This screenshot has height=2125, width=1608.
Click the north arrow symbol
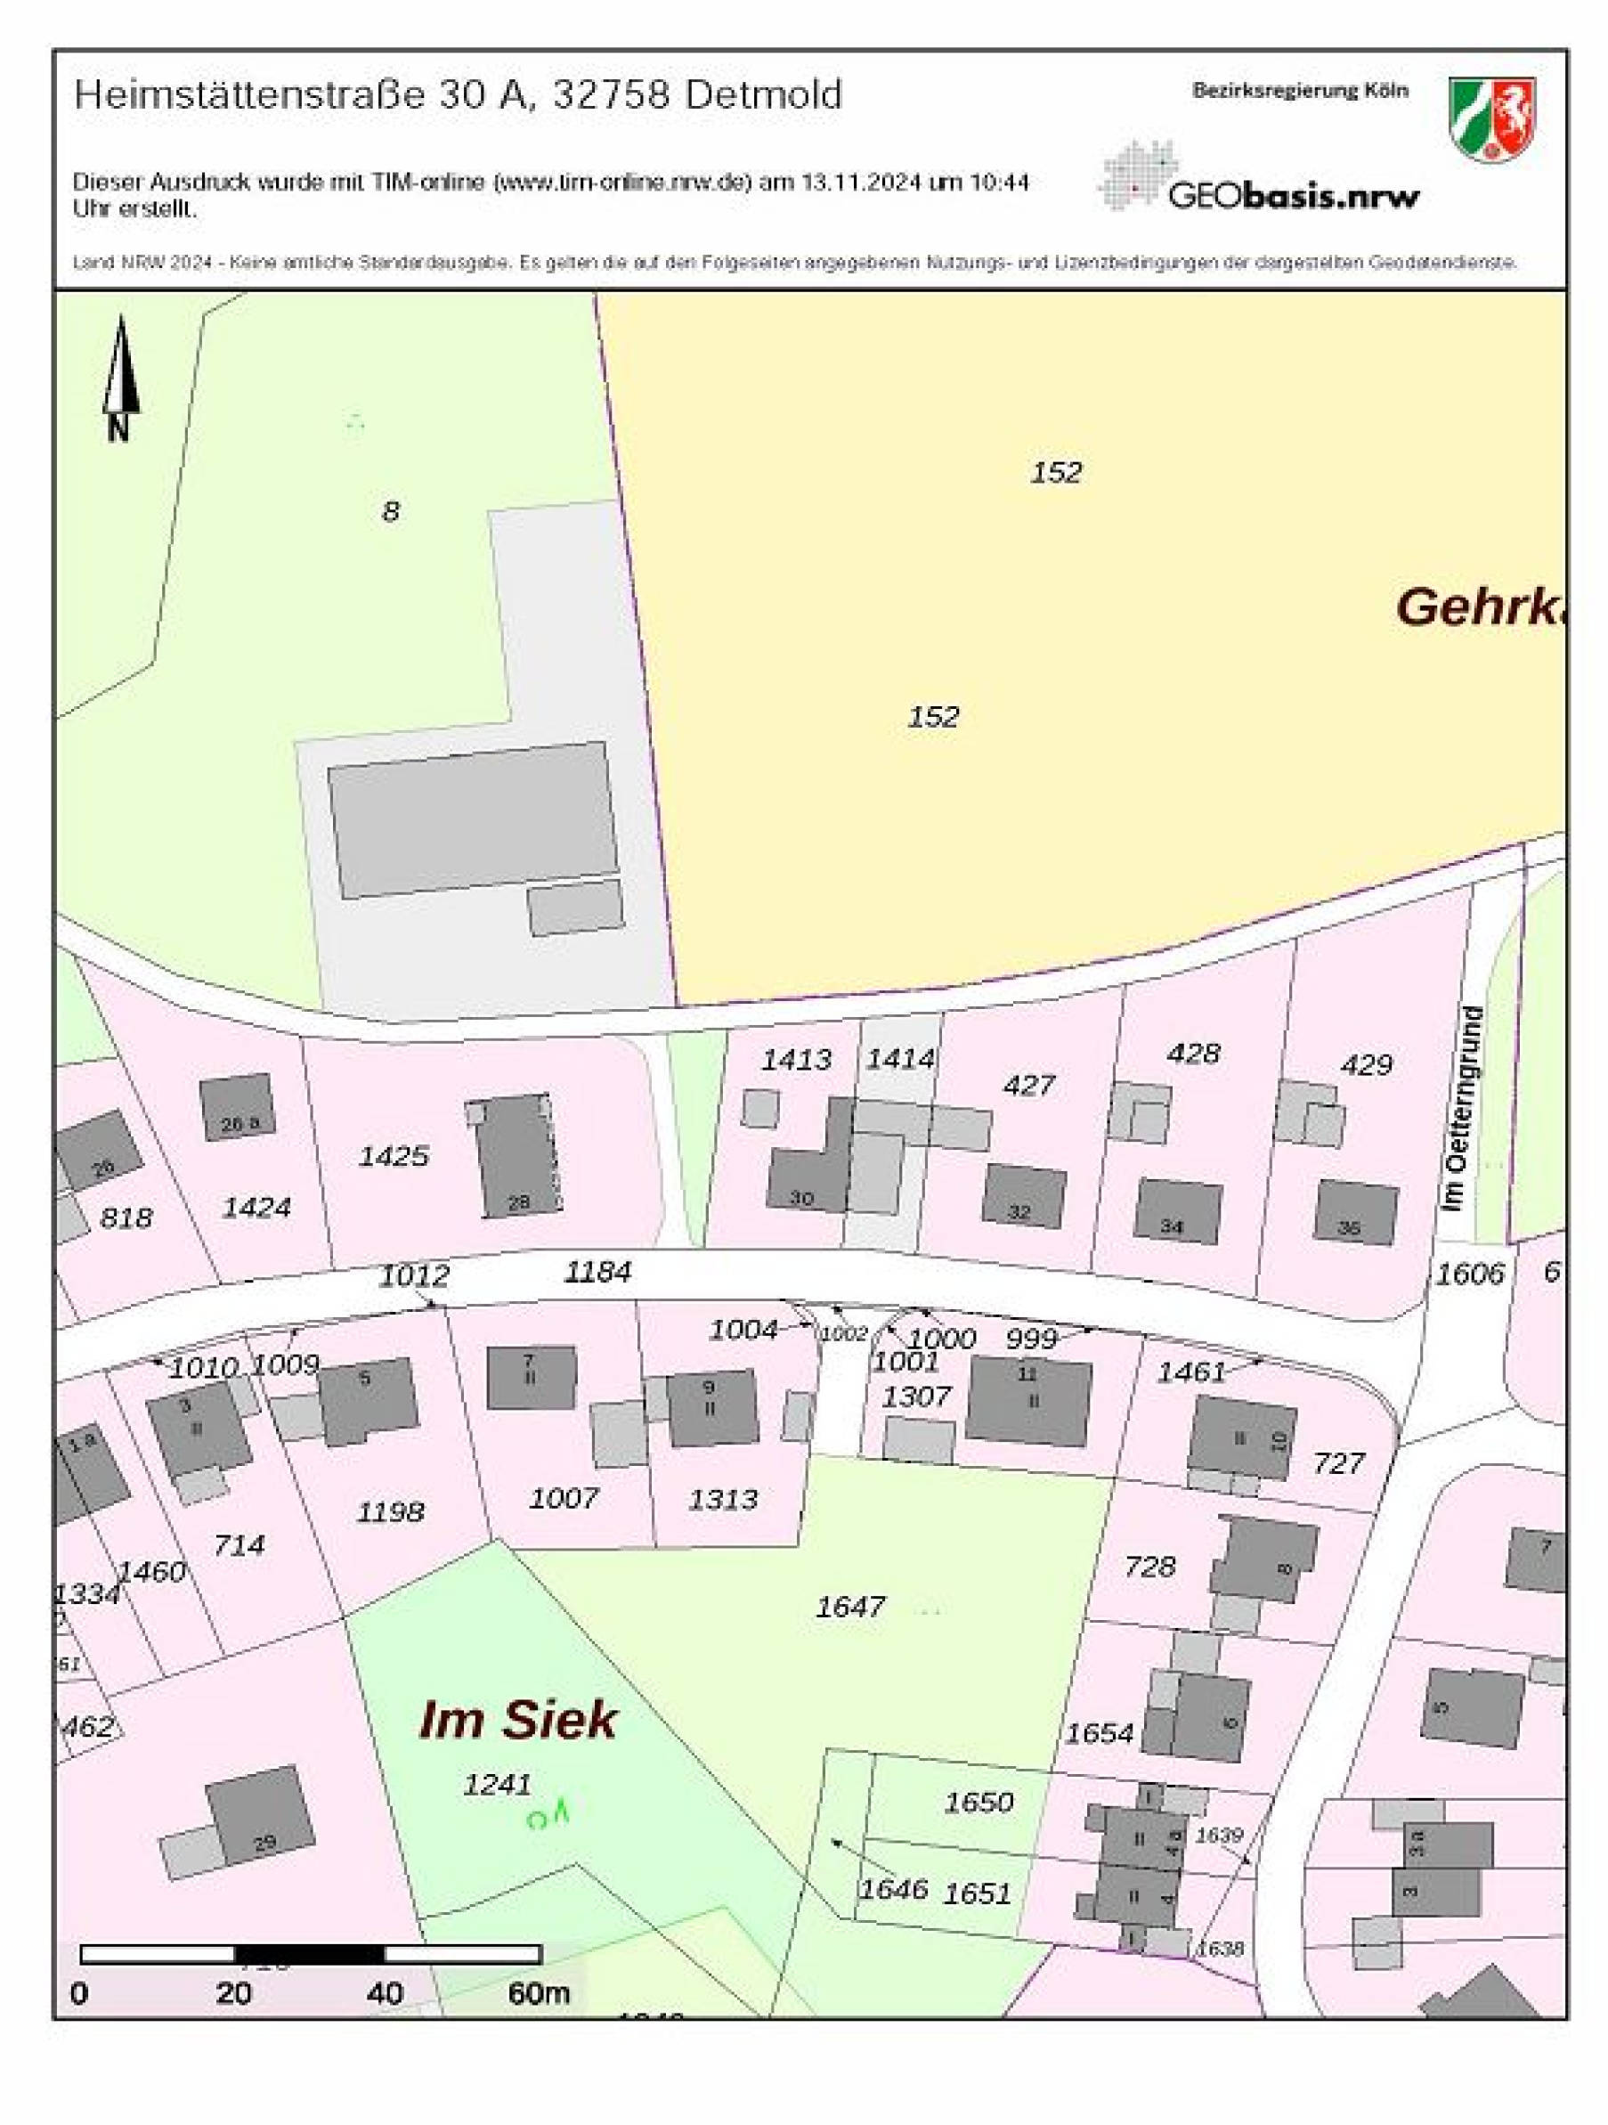[x=120, y=377]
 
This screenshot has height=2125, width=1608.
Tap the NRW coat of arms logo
[x=1491, y=119]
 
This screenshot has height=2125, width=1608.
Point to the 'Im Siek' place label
[x=518, y=1720]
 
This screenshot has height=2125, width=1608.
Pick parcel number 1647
[x=850, y=1607]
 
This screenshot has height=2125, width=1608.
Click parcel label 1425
[x=393, y=1156]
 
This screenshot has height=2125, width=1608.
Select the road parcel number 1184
[x=597, y=1272]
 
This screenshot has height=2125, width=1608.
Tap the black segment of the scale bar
[x=309, y=1955]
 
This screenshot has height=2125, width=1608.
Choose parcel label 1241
[x=497, y=1784]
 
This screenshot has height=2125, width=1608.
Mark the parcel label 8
[x=390, y=511]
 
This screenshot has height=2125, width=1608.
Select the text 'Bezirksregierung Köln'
[x=1300, y=90]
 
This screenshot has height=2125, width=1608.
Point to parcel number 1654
[x=1099, y=1733]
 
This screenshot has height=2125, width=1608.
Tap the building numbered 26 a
[x=236, y=1108]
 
